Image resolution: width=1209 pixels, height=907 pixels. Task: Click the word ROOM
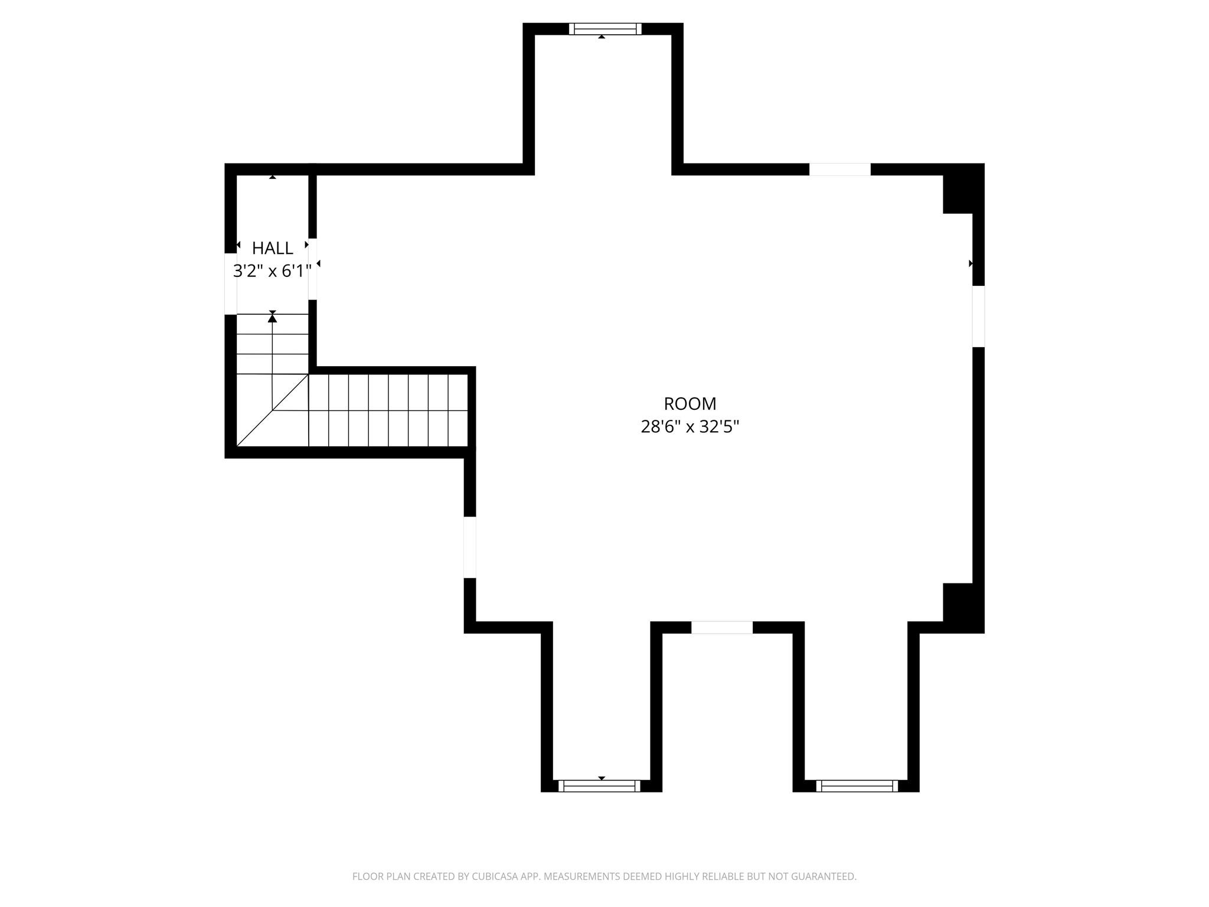[690, 404]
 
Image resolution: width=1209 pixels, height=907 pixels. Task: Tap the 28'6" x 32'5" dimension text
[690, 426]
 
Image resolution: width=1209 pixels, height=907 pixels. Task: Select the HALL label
[272, 248]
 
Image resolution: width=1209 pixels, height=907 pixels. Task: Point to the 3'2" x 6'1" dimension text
[272, 271]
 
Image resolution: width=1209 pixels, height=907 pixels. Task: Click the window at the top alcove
[604, 29]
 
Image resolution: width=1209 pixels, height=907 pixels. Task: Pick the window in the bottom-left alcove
[599, 785]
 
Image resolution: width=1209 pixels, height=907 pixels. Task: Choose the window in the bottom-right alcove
[857, 785]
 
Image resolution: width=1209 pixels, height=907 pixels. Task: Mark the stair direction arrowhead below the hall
[272, 319]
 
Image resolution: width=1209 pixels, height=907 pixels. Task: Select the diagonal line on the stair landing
[272, 410]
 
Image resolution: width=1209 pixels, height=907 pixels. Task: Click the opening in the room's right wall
[978, 317]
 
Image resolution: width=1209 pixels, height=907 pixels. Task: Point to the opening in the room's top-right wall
[839, 169]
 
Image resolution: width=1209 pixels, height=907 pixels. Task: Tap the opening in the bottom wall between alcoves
[721, 628]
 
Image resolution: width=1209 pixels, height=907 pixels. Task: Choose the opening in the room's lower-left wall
[470, 547]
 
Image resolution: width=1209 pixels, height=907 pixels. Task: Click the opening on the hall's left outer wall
[231, 284]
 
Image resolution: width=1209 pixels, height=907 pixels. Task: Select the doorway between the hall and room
[313, 269]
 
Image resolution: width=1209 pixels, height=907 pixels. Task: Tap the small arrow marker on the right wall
[971, 263]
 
